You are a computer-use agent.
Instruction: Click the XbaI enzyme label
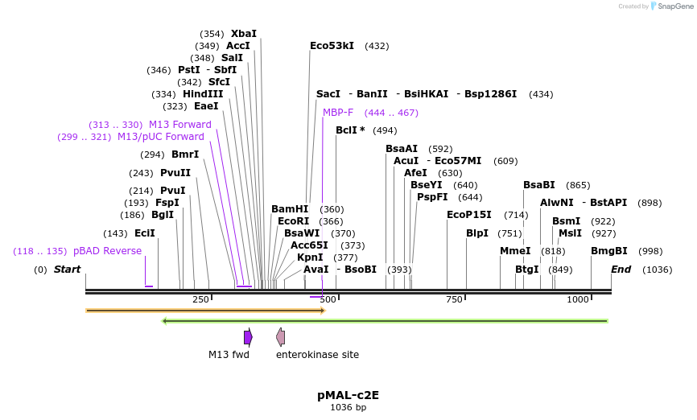(244, 34)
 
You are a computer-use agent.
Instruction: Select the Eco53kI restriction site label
(332, 46)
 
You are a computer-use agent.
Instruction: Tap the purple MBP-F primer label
(338, 113)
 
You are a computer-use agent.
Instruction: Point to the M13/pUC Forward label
(161, 137)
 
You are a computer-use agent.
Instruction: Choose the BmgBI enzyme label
(608, 251)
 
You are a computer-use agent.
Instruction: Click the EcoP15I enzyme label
(468, 215)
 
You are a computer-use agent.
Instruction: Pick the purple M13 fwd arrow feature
(248, 337)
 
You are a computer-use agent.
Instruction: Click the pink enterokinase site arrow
(280, 337)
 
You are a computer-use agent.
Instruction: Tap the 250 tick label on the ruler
(200, 299)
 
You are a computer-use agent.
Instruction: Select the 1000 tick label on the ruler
(578, 299)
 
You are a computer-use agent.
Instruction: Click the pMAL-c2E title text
(348, 395)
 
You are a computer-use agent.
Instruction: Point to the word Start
(67, 270)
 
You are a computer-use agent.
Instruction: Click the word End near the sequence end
(621, 270)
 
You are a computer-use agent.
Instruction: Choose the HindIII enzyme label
(203, 94)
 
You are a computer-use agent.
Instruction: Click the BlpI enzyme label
(477, 233)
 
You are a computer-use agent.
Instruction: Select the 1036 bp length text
(348, 408)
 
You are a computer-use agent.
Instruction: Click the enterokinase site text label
(317, 355)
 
